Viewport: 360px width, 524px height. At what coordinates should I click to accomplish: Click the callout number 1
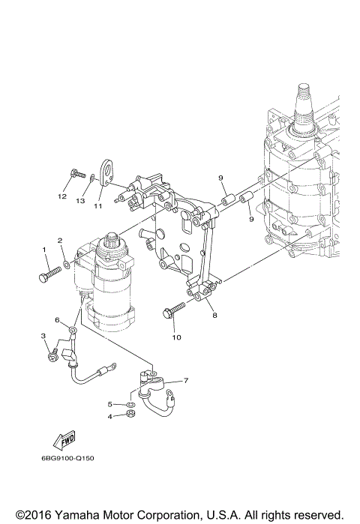point(44,250)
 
